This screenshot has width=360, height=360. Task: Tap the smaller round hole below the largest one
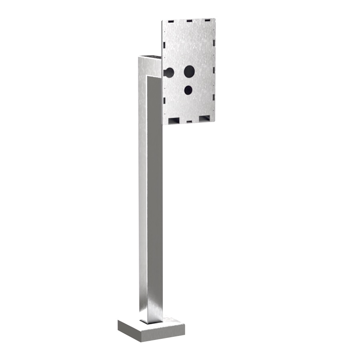[x=188, y=90]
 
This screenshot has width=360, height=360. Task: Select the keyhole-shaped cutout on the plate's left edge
[x=169, y=72]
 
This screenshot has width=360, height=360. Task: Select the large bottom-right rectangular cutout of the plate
[x=204, y=118]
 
